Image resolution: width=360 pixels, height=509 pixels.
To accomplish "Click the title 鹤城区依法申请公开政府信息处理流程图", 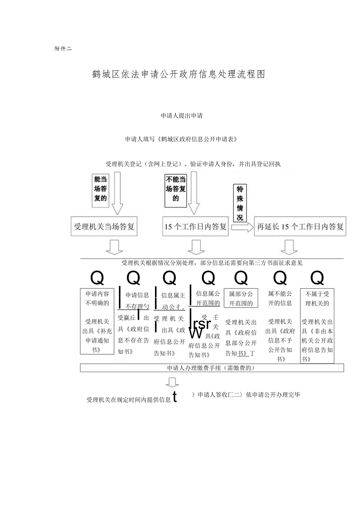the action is click(179, 74).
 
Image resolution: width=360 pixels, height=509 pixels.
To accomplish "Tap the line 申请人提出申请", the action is click(182, 116).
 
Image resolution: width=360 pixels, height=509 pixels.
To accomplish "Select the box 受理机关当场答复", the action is click(104, 227).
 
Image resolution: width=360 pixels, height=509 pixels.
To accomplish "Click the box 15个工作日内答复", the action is click(196, 227).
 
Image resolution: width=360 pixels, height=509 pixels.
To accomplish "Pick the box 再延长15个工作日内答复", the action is click(300, 227).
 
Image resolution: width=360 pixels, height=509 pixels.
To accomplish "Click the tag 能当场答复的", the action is click(100, 189).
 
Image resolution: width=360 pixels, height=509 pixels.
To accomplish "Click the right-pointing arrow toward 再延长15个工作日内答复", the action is click(242, 227).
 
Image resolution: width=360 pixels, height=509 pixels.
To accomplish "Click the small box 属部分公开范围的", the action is click(241, 299).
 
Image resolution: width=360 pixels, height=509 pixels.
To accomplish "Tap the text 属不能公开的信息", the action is click(280, 299).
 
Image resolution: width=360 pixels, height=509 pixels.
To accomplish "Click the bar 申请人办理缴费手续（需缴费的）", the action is click(212, 368).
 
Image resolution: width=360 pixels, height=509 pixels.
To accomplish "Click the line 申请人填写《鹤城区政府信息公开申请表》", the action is click(181, 139).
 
